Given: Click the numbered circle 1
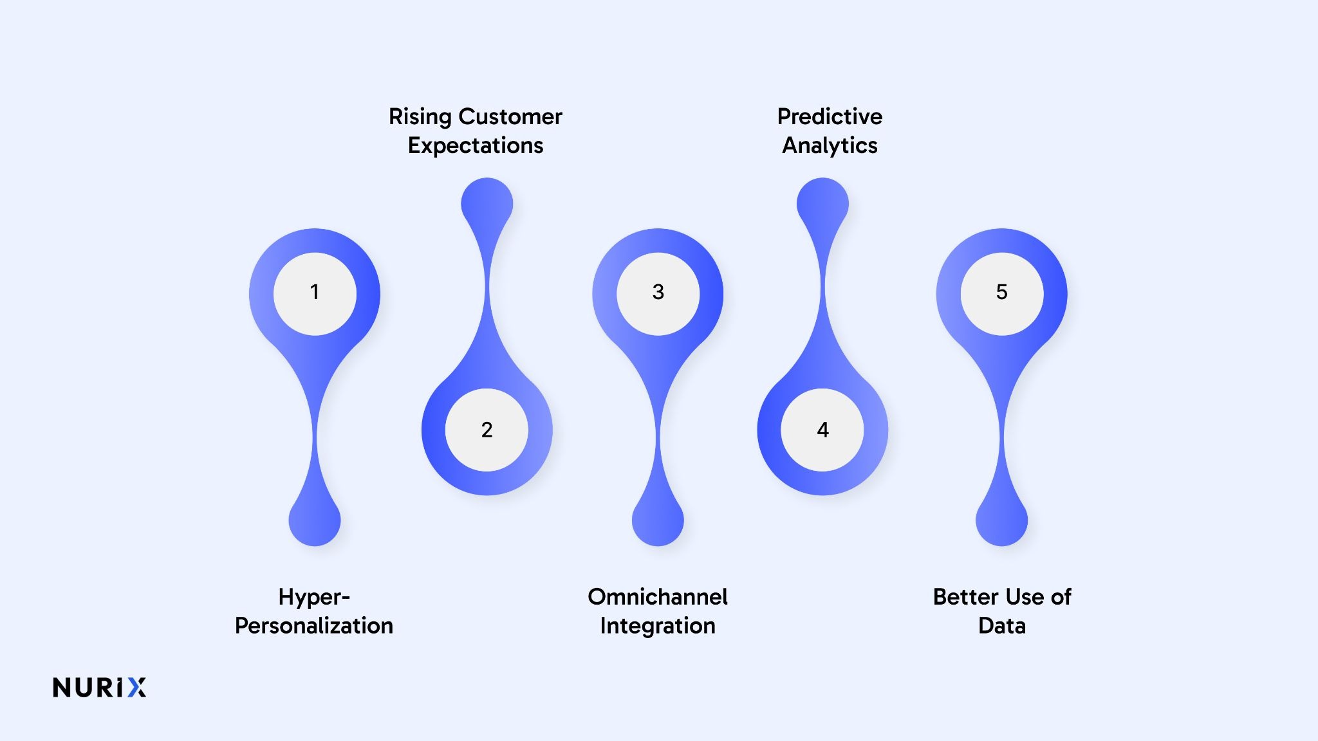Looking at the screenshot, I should pyautogui.click(x=315, y=293).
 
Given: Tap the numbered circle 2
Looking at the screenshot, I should pyautogui.click(x=487, y=430).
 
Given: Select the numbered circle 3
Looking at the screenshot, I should pyautogui.click(x=658, y=293).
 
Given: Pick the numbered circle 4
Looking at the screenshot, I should pyautogui.click(x=822, y=430).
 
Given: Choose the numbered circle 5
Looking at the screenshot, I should pyautogui.click(x=1001, y=293).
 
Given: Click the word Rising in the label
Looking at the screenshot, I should pyautogui.click(x=420, y=117).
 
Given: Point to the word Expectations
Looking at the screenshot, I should pyautogui.click(x=476, y=146).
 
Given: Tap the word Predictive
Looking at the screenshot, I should pyautogui.click(x=830, y=116).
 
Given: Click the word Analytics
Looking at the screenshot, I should pyautogui.click(x=830, y=146).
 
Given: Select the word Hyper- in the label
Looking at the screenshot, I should pyautogui.click(x=314, y=597).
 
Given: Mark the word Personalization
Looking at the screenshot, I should pyautogui.click(x=314, y=626).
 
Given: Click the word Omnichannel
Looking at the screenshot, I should pyautogui.click(x=658, y=597).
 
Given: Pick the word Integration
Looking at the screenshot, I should pyautogui.click(x=658, y=626).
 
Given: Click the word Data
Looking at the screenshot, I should pyautogui.click(x=1001, y=626).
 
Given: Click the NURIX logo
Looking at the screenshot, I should pyautogui.click(x=100, y=688).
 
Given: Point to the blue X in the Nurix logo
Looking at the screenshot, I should pyautogui.click(x=136, y=688).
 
